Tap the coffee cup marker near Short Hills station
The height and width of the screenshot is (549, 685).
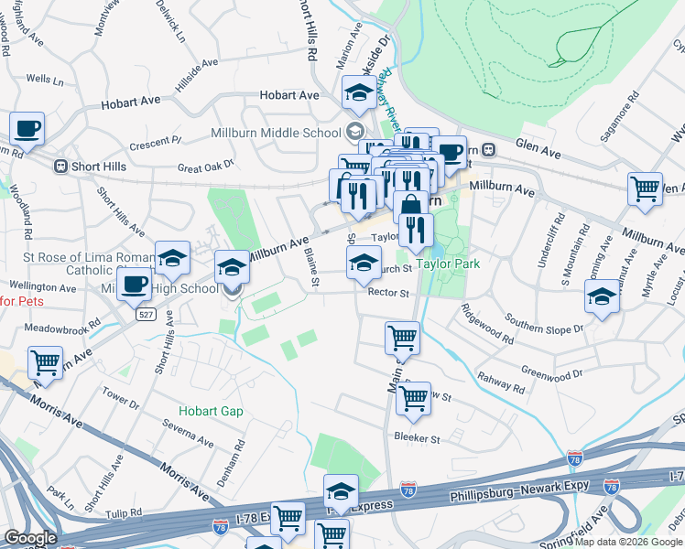click(27, 130)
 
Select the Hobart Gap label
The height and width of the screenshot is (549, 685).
click(211, 412)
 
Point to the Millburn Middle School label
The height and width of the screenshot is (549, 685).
click(276, 133)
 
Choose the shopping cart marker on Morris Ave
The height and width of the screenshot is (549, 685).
click(45, 362)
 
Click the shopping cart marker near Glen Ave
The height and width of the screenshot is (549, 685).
click(646, 189)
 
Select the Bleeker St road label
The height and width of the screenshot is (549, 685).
click(417, 439)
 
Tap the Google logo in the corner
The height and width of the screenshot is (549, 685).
click(30, 538)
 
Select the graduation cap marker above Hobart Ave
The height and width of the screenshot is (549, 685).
click(358, 92)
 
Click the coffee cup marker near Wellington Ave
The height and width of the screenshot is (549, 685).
click(134, 285)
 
